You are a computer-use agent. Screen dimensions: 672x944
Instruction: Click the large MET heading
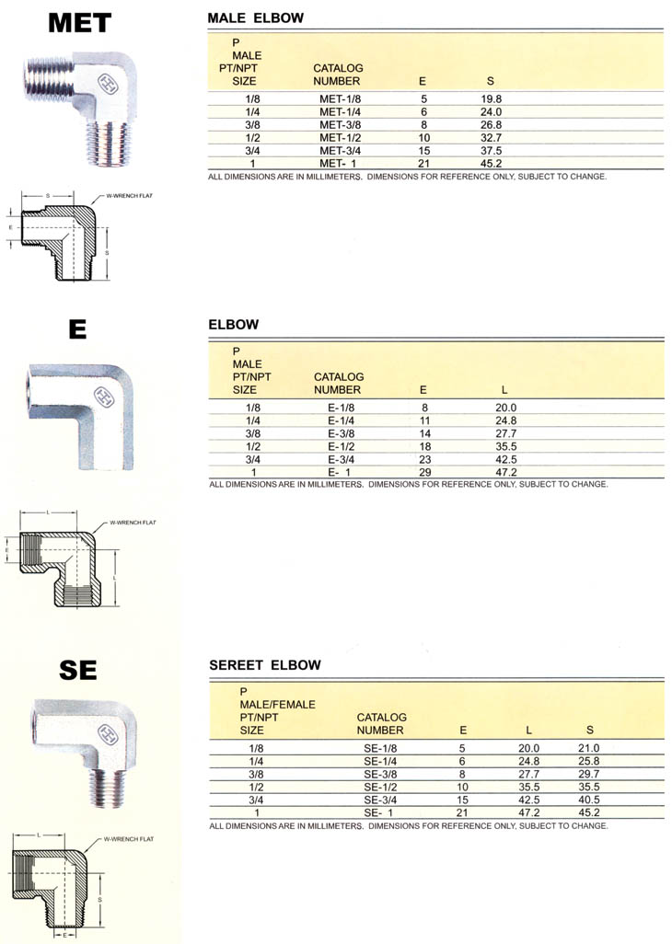point(79,23)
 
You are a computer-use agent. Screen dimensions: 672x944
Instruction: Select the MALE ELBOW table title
point(255,18)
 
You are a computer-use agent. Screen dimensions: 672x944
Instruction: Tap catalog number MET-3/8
point(341,124)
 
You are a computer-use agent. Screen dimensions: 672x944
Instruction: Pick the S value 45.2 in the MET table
point(491,163)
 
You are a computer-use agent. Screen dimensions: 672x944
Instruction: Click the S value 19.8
point(491,98)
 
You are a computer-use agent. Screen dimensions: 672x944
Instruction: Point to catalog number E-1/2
point(341,446)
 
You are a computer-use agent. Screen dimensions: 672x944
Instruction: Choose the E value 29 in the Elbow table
point(425,473)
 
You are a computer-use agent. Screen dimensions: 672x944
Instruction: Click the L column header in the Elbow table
point(504,389)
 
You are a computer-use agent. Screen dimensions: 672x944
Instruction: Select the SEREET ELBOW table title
point(265,665)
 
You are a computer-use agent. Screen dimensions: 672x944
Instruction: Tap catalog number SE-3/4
point(380,800)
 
